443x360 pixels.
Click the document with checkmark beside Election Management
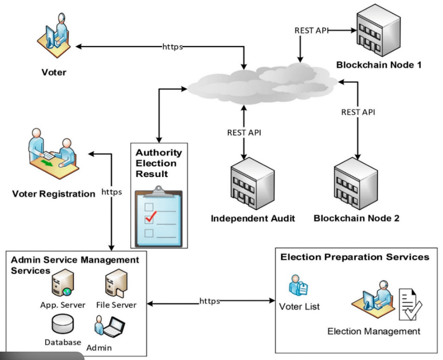point(409,303)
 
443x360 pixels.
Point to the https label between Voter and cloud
point(172,46)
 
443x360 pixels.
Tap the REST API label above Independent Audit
point(244,133)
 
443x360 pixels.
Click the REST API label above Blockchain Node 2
point(358,112)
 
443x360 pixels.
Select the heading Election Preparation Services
point(355,258)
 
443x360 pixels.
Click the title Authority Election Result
point(159,163)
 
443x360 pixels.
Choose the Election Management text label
point(374,331)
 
